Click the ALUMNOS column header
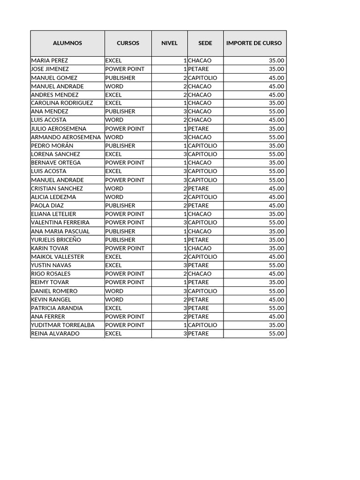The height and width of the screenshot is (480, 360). coord(67,43)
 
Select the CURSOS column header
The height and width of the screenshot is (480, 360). coord(128,43)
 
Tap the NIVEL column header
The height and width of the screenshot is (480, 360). coord(170,43)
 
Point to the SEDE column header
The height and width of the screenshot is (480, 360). coord(205,43)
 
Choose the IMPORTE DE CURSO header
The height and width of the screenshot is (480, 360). coord(254,43)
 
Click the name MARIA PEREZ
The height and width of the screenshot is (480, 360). coord(49,60)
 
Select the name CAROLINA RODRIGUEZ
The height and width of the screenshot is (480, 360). coord(62,103)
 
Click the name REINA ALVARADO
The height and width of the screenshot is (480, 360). coord(55,334)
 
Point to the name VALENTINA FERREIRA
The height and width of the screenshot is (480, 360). coord(60,223)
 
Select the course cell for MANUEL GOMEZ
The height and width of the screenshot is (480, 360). coord(120,78)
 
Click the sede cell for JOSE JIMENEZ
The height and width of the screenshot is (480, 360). coord(198,69)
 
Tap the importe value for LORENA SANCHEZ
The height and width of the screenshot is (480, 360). coord(277,154)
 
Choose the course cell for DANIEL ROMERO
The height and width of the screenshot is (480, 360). coord(114,291)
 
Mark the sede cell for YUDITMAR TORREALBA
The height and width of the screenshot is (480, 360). coord(202,325)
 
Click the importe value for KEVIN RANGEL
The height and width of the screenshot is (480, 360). coord(277,300)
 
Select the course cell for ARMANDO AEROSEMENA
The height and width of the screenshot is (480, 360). coord(114,137)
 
